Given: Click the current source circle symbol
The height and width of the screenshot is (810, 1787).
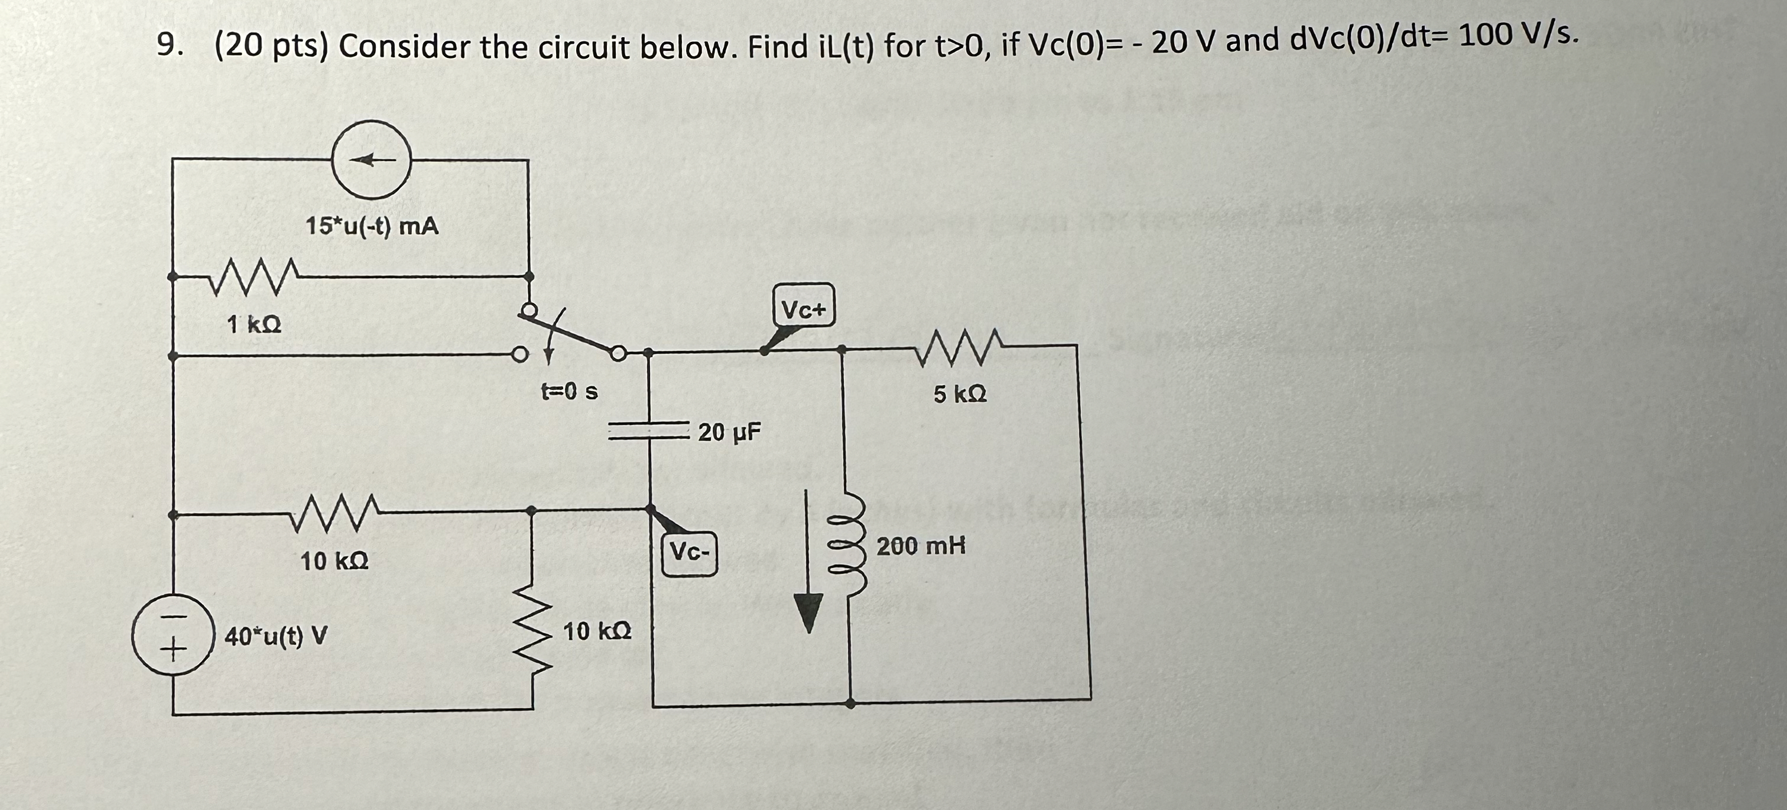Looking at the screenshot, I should click(x=372, y=160).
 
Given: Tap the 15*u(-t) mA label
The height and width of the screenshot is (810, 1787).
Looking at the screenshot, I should click(x=372, y=226).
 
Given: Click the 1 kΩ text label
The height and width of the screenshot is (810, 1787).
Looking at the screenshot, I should click(x=254, y=324).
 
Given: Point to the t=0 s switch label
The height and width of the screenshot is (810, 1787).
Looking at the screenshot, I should click(x=569, y=392).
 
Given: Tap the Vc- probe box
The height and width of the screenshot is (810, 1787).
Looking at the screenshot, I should click(x=689, y=553).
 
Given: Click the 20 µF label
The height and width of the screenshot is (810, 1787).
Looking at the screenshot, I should click(x=729, y=432).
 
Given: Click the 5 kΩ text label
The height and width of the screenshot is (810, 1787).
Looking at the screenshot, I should click(x=960, y=395).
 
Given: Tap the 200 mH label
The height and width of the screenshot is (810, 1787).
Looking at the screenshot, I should click(x=921, y=546).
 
